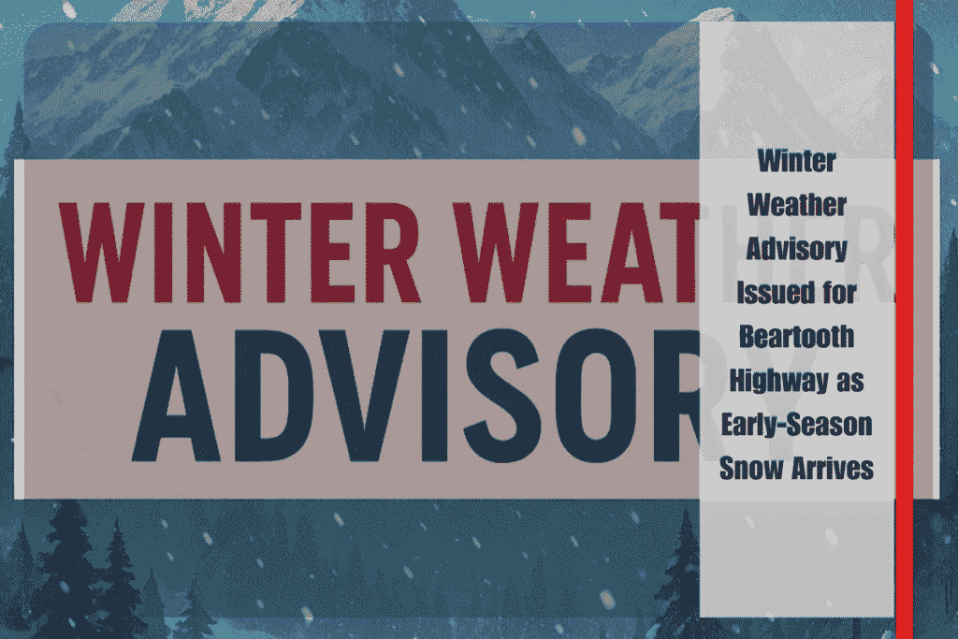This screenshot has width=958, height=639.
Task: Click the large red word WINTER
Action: [x=240, y=252]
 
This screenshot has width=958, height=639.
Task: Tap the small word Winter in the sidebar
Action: [x=797, y=161]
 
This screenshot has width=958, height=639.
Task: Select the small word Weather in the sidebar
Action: [x=797, y=205]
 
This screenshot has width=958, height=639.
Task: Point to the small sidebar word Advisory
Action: [x=797, y=249]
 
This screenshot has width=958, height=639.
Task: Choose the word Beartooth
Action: [x=797, y=337]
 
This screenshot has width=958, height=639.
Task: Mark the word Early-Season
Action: [x=797, y=425]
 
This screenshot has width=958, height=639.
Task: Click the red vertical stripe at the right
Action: [x=905, y=320]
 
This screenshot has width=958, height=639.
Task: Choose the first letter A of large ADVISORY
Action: [x=176, y=396]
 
